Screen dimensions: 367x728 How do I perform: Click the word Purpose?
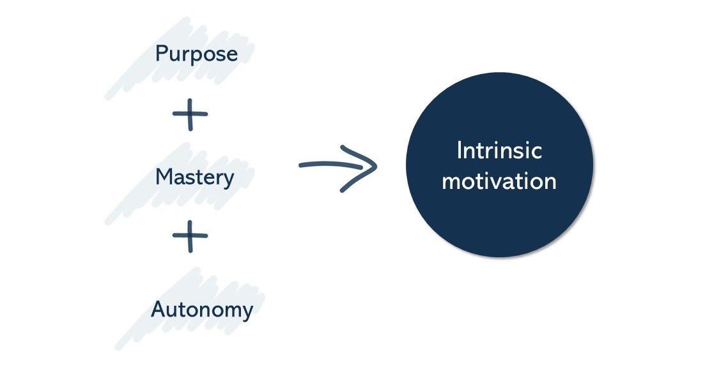[196, 54]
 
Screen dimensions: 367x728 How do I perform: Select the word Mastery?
[194, 177]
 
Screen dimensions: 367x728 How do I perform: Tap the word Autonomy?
[202, 310]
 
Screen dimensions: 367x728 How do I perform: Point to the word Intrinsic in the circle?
[499, 151]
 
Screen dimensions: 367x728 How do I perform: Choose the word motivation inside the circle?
[499, 181]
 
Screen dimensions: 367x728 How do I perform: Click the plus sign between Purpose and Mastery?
[190, 115]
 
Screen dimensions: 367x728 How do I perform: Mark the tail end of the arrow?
[301, 166]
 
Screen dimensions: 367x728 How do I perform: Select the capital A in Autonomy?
[159, 310]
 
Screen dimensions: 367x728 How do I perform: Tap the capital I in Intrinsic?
[459, 151]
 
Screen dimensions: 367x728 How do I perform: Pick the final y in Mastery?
[228, 179]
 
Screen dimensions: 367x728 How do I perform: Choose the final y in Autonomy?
[247, 313]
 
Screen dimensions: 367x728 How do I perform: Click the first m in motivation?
[451, 183]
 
